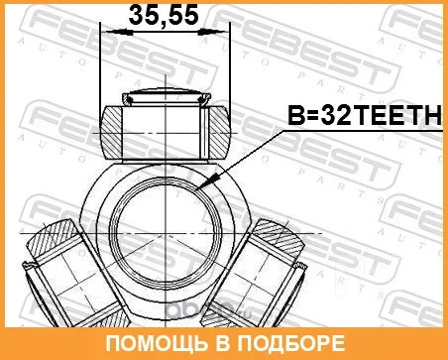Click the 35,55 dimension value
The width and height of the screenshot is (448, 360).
pyautogui.click(x=164, y=15)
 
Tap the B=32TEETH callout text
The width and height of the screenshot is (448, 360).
pyautogui.click(x=365, y=114)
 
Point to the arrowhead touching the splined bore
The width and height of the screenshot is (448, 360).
pyautogui.click(x=204, y=183)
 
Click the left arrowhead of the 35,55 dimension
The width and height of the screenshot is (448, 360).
pyautogui.click(x=115, y=32)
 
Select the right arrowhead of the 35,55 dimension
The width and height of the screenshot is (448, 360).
pyautogui.click(x=214, y=32)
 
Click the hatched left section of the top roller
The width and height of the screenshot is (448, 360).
pyautogui.click(x=111, y=132)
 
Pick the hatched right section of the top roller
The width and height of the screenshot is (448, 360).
pyautogui.click(x=219, y=132)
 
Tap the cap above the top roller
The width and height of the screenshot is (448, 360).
pyautogui.click(x=166, y=97)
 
